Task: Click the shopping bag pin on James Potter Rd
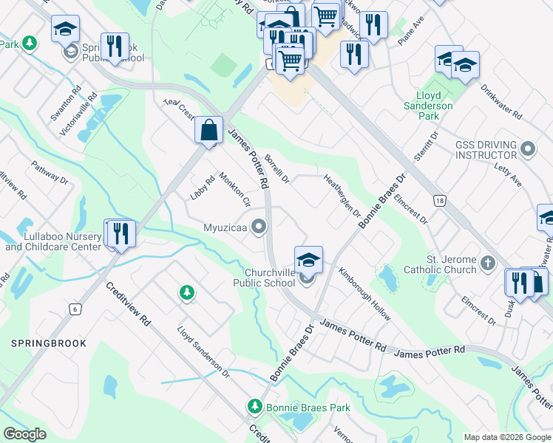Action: [209, 130]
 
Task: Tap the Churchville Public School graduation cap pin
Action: [308, 260]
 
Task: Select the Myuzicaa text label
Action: [226, 227]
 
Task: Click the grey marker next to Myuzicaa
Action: [259, 227]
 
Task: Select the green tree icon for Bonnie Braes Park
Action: [255, 407]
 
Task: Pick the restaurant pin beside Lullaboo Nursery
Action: [121, 233]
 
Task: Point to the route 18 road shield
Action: [440, 200]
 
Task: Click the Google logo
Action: [25, 434]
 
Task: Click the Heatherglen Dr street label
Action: [342, 196]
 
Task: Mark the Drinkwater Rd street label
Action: [501, 103]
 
